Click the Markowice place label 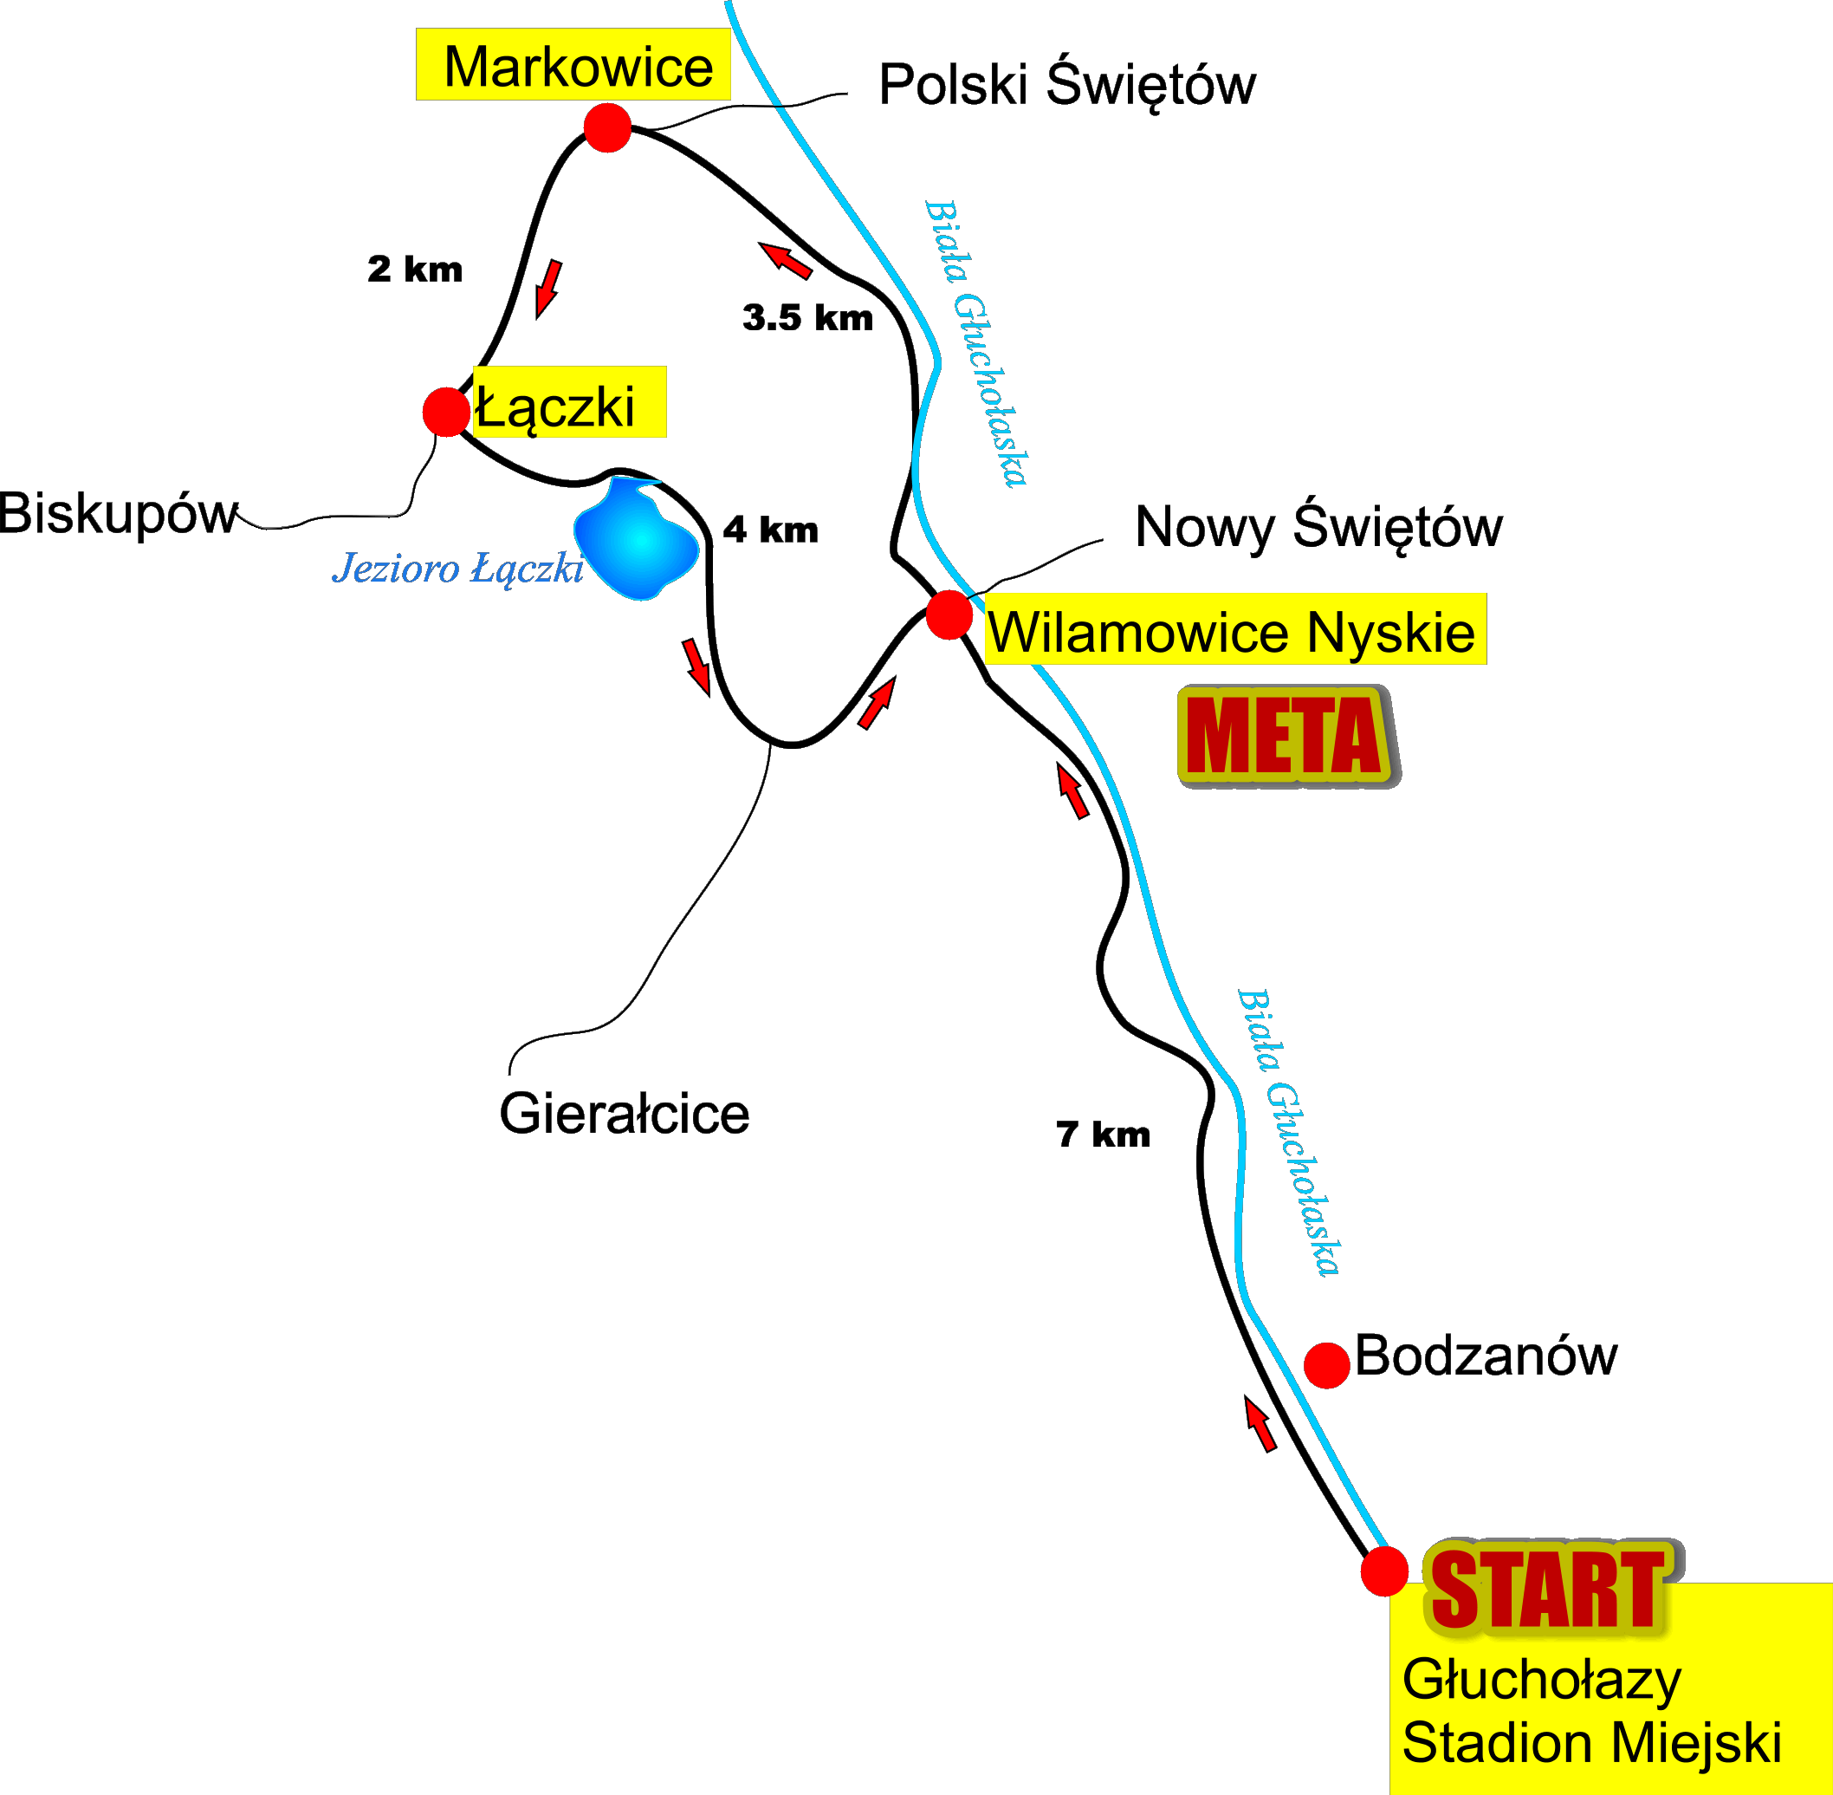[x=578, y=67]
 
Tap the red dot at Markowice [x=607, y=127]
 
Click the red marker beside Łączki [x=446, y=412]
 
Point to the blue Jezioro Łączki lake [x=636, y=538]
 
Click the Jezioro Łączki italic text [x=458, y=569]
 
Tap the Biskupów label [x=119, y=515]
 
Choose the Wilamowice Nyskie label [x=1231, y=631]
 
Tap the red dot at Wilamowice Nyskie [x=949, y=615]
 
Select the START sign [x=1551, y=1589]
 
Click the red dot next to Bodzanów [x=1327, y=1366]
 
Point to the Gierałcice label [x=624, y=1114]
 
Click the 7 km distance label [x=1103, y=1135]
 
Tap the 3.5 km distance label [x=807, y=318]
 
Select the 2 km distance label [x=415, y=270]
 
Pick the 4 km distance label [x=770, y=530]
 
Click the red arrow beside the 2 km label [x=548, y=289]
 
